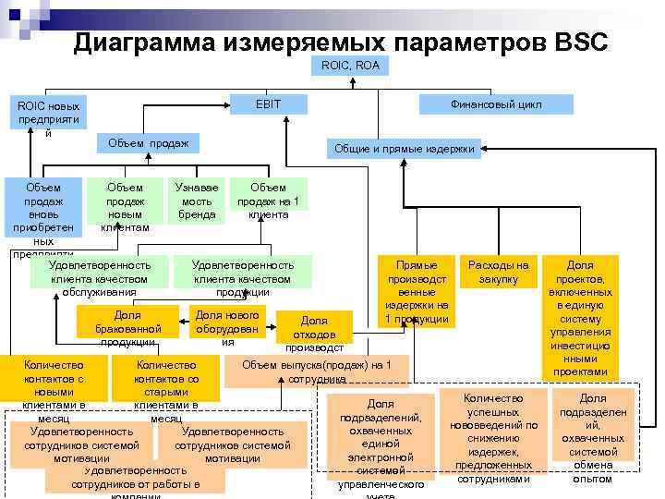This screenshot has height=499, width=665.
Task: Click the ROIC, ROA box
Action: click(x=352, y=67)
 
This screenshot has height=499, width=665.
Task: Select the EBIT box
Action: click(x=268, y=104)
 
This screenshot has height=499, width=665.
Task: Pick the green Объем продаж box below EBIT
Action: click(x=148, y=142)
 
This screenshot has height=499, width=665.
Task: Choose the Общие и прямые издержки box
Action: click(x=405, y=148)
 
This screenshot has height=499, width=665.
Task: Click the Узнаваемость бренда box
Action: click(x=197, y=201)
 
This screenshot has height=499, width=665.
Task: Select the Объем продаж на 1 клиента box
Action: click(x=268, y=201)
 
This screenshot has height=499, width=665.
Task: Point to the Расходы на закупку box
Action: click(x=499, y=272)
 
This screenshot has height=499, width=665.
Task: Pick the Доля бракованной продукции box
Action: click(x=128, y=326)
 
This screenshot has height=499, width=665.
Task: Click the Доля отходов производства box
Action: click(x=314, y=330)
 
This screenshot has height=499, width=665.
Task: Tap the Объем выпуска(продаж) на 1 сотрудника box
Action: click(x=317, y=371)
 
